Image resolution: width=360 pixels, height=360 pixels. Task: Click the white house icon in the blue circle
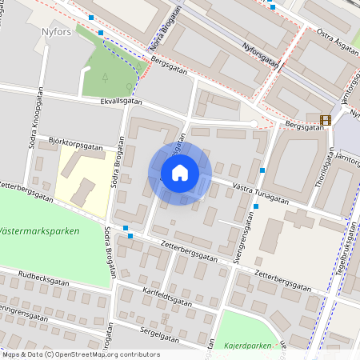pos(180,173)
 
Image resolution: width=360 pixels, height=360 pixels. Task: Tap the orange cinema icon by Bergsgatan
pos(325,121)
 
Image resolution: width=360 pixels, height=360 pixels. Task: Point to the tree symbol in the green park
pos(105,78)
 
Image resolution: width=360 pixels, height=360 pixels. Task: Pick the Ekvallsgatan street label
pos(122,102)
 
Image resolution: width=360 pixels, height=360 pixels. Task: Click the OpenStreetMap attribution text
pos(80,354)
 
